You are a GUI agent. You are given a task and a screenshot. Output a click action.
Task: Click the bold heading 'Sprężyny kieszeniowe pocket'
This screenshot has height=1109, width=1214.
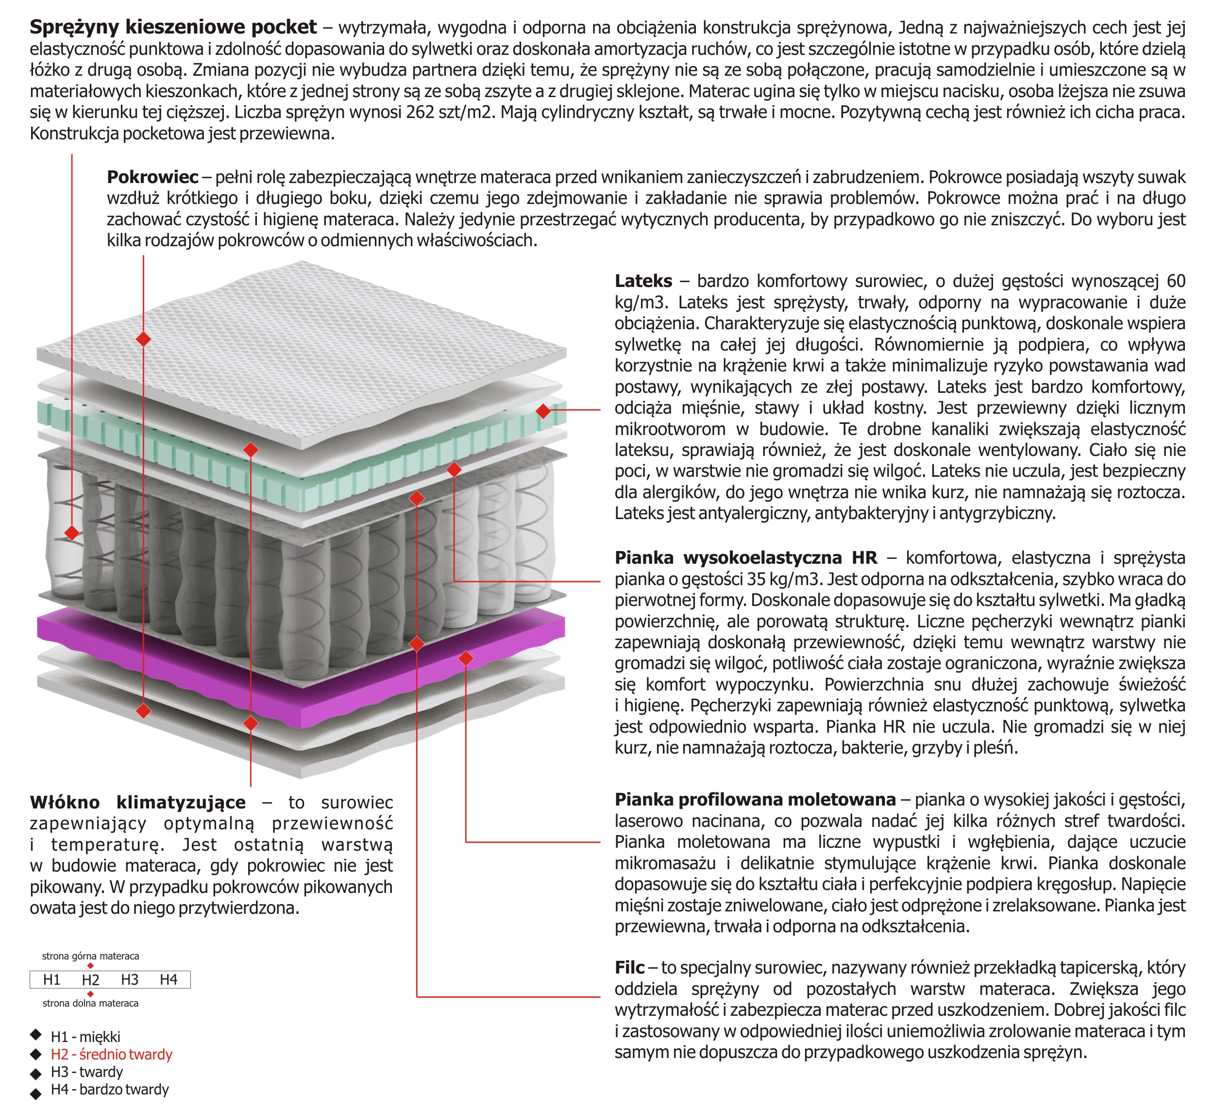(173, 27)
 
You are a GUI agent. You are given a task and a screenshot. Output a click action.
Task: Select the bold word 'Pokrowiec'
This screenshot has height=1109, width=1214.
(152, 177)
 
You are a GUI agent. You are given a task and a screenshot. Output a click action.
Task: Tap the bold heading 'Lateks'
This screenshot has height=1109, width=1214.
(643, 281)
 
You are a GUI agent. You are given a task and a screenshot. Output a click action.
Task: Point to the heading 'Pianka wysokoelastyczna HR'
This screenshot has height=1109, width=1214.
(745, 558)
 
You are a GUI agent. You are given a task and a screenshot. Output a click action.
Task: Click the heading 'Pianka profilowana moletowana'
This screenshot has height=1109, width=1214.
(755, 800)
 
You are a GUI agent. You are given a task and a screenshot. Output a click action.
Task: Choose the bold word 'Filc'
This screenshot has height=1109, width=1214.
(629, 968)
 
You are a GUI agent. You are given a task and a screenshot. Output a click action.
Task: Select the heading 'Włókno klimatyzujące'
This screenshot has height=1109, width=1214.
(138, 803)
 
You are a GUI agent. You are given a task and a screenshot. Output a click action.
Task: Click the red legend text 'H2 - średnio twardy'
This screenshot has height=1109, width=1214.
(111, 1055)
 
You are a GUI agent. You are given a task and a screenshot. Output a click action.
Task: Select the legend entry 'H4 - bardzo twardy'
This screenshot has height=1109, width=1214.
(110, 1090)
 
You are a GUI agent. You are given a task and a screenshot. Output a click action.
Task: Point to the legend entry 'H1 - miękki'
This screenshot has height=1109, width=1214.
(85, 1037)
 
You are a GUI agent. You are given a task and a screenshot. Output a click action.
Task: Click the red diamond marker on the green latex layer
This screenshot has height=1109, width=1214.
(543, 411)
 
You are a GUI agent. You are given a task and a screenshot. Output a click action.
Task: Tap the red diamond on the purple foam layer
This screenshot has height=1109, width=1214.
(466, 659)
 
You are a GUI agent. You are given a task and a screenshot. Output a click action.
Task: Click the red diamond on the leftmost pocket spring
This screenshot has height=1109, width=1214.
(72, 533)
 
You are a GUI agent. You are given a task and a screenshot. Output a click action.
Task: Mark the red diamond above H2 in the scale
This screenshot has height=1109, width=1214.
(90, 966)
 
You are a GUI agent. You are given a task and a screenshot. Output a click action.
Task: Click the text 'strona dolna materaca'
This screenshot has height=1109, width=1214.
(90, 1004)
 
